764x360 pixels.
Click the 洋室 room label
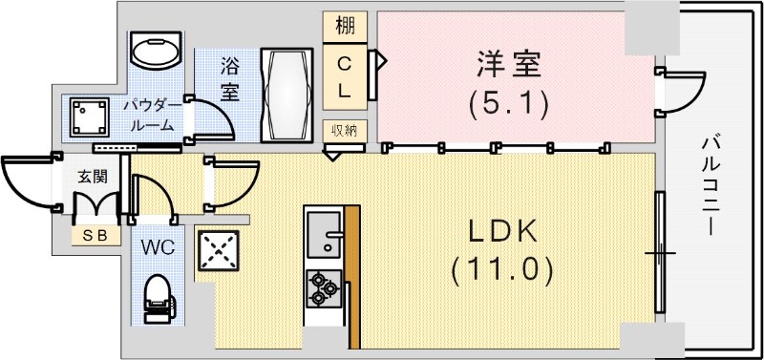(510, 67)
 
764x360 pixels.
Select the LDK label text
(503, 232)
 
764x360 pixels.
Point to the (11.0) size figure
(503, 270)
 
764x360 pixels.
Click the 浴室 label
(230, 80)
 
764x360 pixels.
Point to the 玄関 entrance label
(92, 177)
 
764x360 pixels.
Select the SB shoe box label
(94, 235)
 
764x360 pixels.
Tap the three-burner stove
(323, 286)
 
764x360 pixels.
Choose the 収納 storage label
(346, 131)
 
